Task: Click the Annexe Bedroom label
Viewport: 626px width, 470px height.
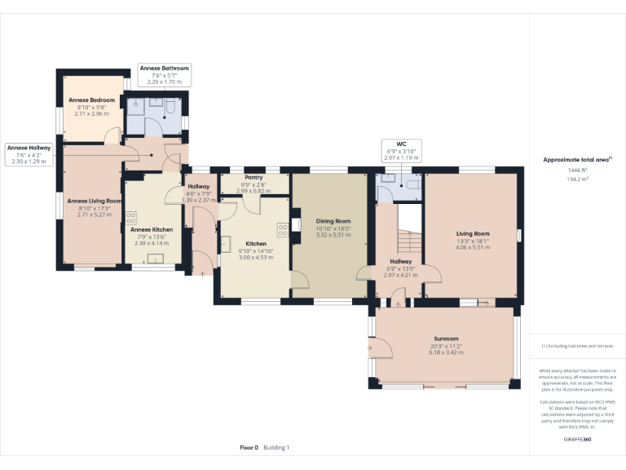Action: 90,100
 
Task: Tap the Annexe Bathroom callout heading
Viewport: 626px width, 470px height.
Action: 164,69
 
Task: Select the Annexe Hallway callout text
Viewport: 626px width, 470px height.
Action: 29,148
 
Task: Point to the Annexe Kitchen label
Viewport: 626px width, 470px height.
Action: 152,229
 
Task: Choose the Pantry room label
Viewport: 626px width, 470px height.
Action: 253,177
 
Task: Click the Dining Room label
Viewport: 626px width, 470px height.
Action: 333,221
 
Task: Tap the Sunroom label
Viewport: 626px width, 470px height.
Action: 446,339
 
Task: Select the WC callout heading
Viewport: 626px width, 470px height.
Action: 401,144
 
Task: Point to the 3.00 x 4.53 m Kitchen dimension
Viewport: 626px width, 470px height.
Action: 256,257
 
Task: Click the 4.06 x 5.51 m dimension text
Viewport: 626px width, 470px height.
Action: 472,247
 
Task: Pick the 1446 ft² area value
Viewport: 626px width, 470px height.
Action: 577,170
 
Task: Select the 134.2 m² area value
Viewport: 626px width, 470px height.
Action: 577,179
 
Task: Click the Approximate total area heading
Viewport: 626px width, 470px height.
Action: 576,159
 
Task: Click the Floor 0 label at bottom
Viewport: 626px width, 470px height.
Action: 249,447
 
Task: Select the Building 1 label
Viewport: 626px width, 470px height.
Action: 276,447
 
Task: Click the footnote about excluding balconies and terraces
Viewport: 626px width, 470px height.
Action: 577,346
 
